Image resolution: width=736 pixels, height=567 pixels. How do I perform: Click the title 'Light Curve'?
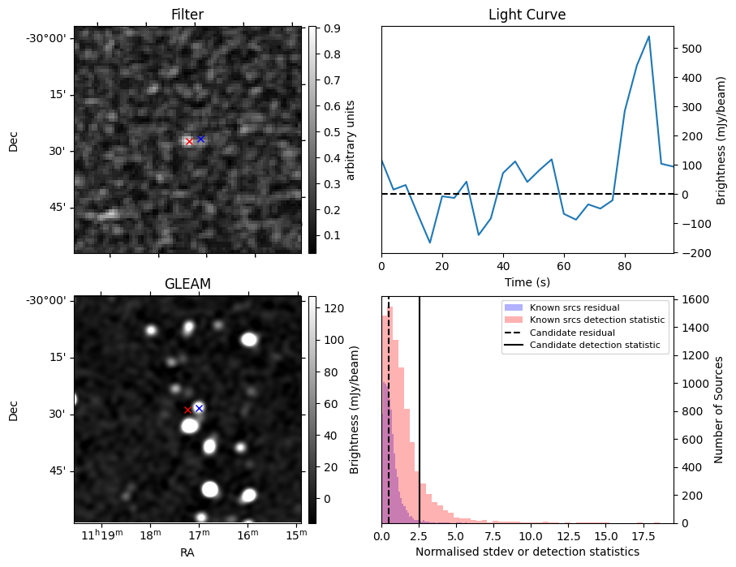coord(527,15)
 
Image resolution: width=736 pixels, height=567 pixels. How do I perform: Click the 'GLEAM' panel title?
coord(187,284)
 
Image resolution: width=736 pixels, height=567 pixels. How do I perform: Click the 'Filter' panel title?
coord(187,15)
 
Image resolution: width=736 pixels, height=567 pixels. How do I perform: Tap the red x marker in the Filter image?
coord(189,142)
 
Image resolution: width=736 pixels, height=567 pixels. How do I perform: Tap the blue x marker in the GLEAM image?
coord(199,408)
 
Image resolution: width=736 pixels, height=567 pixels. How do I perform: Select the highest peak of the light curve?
coord(649,37)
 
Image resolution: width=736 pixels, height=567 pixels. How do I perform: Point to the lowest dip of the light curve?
coord(430,243)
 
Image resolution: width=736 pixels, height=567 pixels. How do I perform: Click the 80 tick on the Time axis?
coord(625,265)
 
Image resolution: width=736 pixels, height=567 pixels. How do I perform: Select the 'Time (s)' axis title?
coord(527,281)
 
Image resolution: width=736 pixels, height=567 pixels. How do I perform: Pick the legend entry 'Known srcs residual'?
coord(575,307)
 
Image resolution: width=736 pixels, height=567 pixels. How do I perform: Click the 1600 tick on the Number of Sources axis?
coord(695,299)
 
